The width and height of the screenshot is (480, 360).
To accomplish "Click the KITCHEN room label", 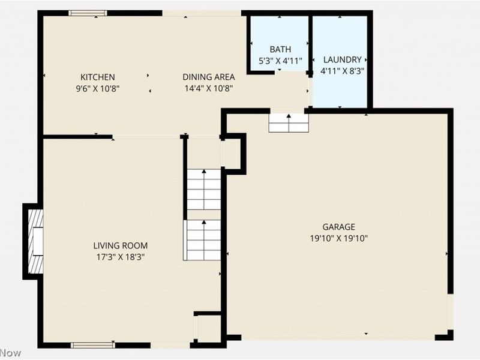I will click(98, 77).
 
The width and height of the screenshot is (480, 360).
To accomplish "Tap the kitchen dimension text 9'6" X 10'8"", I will click(98, 88).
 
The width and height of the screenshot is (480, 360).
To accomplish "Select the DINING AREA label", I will click(208, 77).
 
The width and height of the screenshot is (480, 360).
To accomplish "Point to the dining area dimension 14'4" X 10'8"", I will click(208, 88).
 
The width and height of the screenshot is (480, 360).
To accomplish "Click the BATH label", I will click(280, 50).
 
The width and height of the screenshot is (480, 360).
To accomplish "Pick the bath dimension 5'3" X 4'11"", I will click(280, 61).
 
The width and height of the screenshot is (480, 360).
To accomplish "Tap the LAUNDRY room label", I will click(342, 60).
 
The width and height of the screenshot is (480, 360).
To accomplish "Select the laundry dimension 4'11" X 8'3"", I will click(342, 71).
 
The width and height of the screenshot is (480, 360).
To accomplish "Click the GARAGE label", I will click(339, 227).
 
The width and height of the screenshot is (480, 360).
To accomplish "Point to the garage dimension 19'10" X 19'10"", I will click(339, 238).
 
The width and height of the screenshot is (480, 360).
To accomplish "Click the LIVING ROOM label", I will click(120, 245).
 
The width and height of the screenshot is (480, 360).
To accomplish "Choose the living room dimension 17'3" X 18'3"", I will click(120, 256).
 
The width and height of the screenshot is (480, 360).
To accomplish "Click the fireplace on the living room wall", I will click(35, 241).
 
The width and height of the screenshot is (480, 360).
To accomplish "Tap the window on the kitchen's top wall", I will click(88, 13).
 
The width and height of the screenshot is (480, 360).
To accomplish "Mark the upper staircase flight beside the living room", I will click(205, 189).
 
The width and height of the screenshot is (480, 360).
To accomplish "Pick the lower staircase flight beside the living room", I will click(204, 240).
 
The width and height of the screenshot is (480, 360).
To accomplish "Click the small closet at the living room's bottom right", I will click(209, 328).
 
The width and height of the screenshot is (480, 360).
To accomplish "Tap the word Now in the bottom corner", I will click(11, 352).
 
